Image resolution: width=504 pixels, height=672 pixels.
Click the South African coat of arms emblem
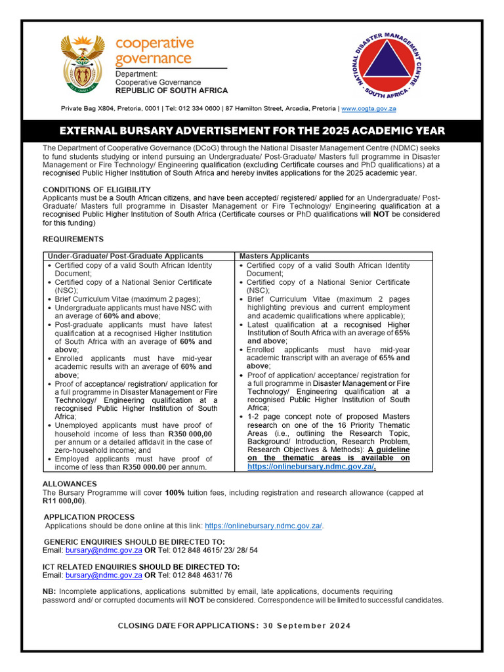pyautogui.click(x=83, y=64)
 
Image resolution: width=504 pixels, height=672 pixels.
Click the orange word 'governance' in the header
pyautogui.click(x=154, y=58)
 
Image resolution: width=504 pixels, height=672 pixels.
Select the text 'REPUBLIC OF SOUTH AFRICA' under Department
pyautogui.click(x=171, y=91)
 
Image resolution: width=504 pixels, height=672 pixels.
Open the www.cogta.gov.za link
pyautogui.click(x=368, y=108)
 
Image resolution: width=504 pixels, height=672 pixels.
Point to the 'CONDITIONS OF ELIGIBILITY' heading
pyautogui.click(x=96, y=190)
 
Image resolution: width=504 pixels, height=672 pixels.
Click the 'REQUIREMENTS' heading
pyautogui.click(x=73, y=239)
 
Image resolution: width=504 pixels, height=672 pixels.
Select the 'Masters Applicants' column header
pyautogui.click(x=274, y=256)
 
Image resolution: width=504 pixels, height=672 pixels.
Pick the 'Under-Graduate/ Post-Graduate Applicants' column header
pyautogui.click(x=125, y=256)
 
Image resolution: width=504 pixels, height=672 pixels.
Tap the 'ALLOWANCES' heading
pyautogui.click(x=70, y=484)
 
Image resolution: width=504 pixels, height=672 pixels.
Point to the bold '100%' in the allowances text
pyautogui.click(x=175, y=492)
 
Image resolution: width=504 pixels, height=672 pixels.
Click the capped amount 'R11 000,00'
pyautogui.click(x=64, y=501)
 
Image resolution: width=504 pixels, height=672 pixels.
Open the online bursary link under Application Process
pyautogui.click(x=263, y=526)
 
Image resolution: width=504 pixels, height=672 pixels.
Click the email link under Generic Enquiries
pyautogui.click(x=104, y=550)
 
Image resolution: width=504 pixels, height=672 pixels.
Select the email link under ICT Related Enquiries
pyautogui.click(x=104, y=575)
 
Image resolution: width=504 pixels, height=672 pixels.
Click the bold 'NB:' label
pyautogui.click(x=51, y=591)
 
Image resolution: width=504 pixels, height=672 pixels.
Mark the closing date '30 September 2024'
pyautogui.click(x=306, y=625)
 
